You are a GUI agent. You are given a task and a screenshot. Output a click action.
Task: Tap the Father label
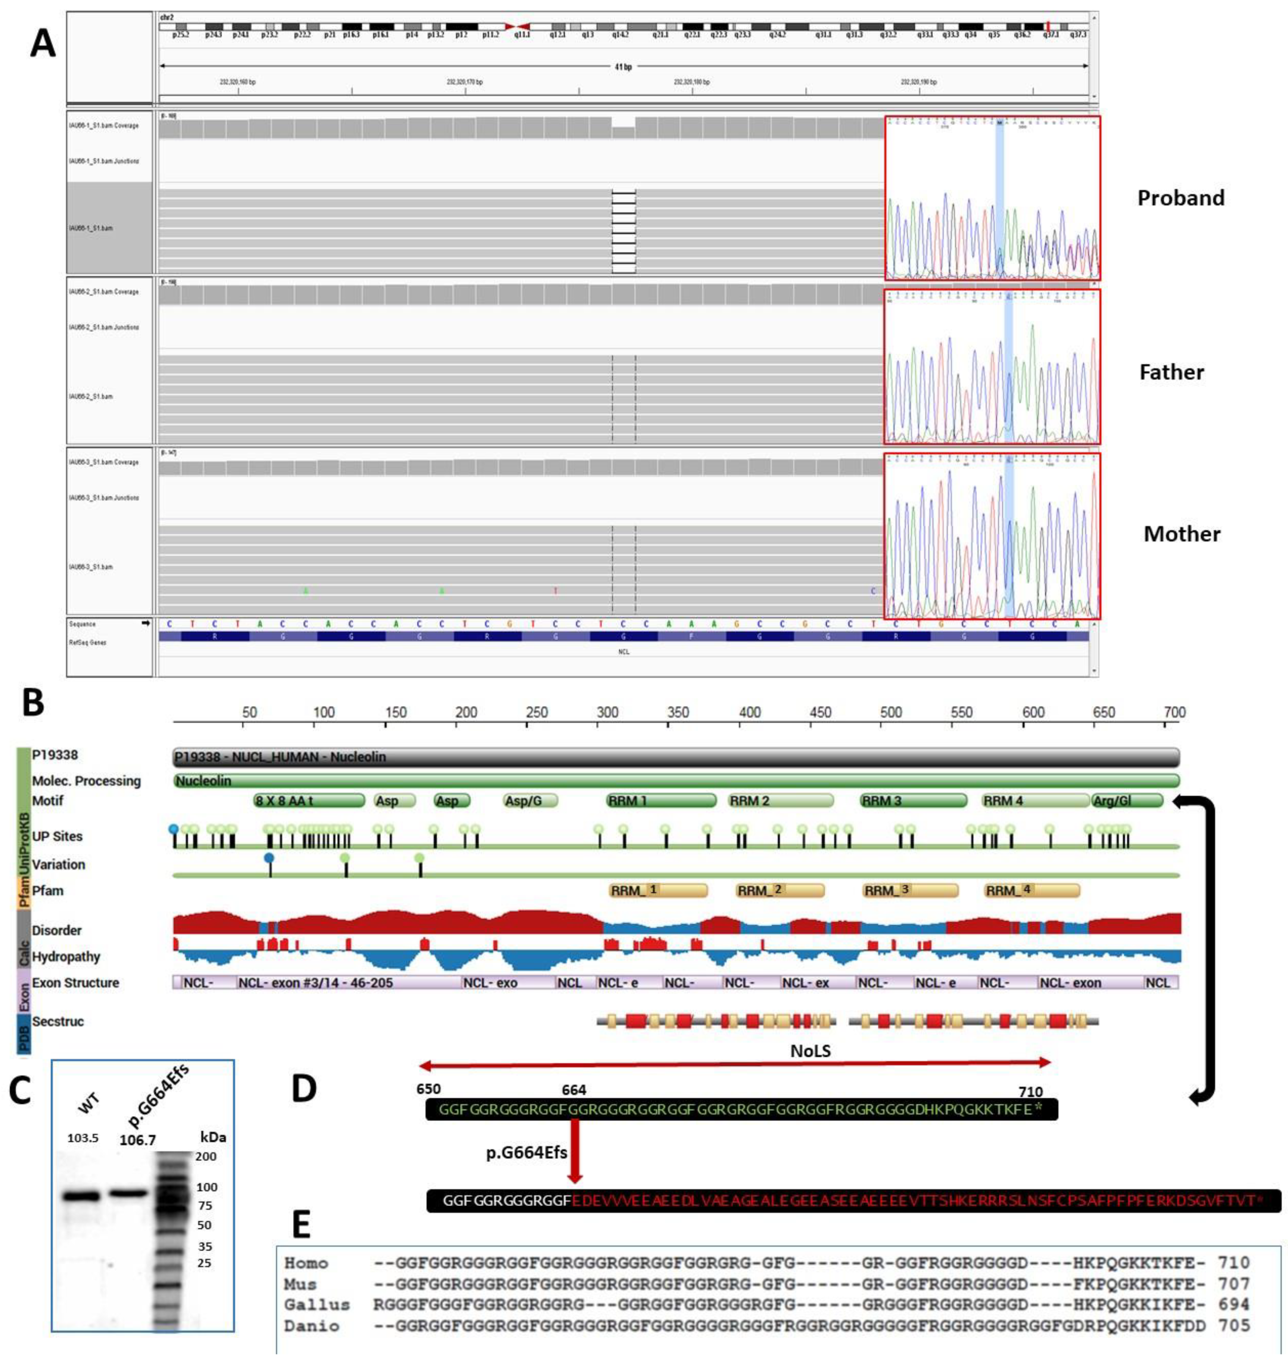point(1171,372)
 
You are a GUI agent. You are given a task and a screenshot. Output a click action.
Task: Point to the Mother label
point(1182,534)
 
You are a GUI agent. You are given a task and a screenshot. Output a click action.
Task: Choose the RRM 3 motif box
point(913,800)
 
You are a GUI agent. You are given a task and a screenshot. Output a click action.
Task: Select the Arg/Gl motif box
point(1127,800)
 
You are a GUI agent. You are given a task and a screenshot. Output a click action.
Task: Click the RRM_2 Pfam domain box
point(780,890)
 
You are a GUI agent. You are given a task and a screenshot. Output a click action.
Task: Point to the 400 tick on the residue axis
point(749,713)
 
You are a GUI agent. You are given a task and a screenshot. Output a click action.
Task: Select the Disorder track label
point(57,930)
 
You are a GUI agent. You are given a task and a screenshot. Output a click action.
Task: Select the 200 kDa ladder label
point(206,1156)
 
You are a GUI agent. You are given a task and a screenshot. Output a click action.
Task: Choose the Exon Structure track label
point(75,983)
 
